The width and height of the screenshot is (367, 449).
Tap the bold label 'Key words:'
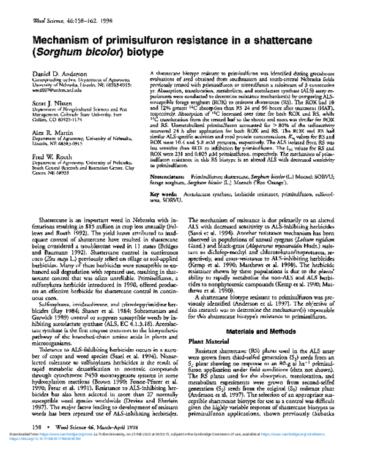161,195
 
